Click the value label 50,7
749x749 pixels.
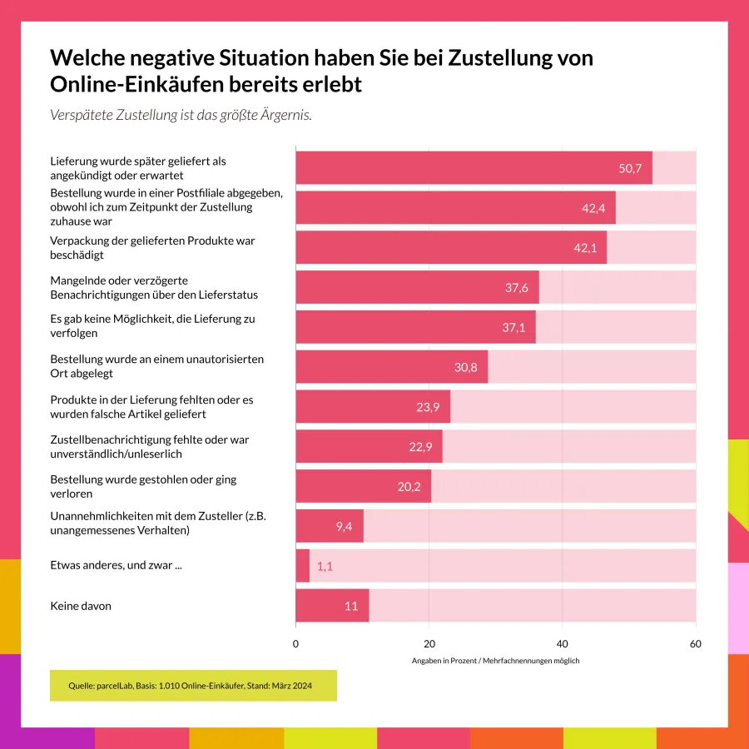click(x=630, y=168)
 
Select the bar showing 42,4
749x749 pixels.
click(x=455, y=207)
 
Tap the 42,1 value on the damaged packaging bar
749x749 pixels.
click(x=585, y=248)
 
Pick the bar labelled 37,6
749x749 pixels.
click(x=416, y=287)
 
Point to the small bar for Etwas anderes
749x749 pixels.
click(x=302, y=566)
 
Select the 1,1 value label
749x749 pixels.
click(x=325, y=566)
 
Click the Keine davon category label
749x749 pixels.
click(x=81, y=606)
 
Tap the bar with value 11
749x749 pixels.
click(x=331, y=606)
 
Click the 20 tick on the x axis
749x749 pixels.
click(x=429, y=643)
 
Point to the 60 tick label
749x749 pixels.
click(x=696, y=643)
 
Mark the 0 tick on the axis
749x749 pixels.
click(x=295, y=643)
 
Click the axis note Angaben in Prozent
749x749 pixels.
click(x=495, y=661)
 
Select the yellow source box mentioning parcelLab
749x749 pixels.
click(x=193, y=686)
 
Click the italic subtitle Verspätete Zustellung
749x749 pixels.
click(x=181, y=115)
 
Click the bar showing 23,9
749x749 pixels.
click(x=372, y=407)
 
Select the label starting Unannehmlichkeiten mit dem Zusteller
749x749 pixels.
click(x=158, y=523)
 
